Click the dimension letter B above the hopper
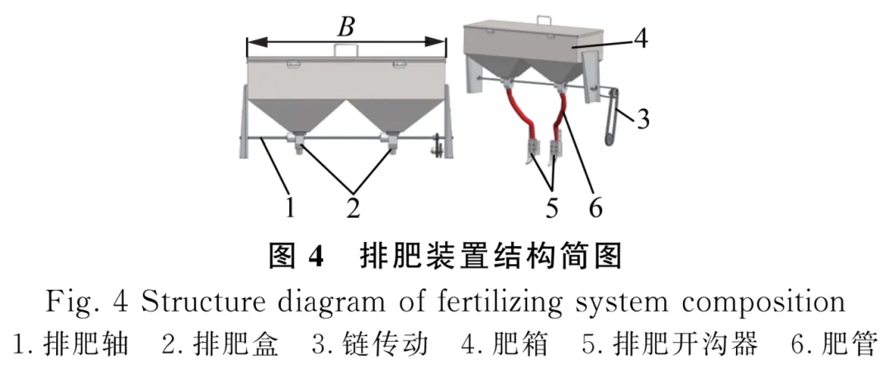[346, 26]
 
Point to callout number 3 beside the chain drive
[643, 120]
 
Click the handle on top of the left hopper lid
[346, 50]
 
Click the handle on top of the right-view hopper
[543, 19]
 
